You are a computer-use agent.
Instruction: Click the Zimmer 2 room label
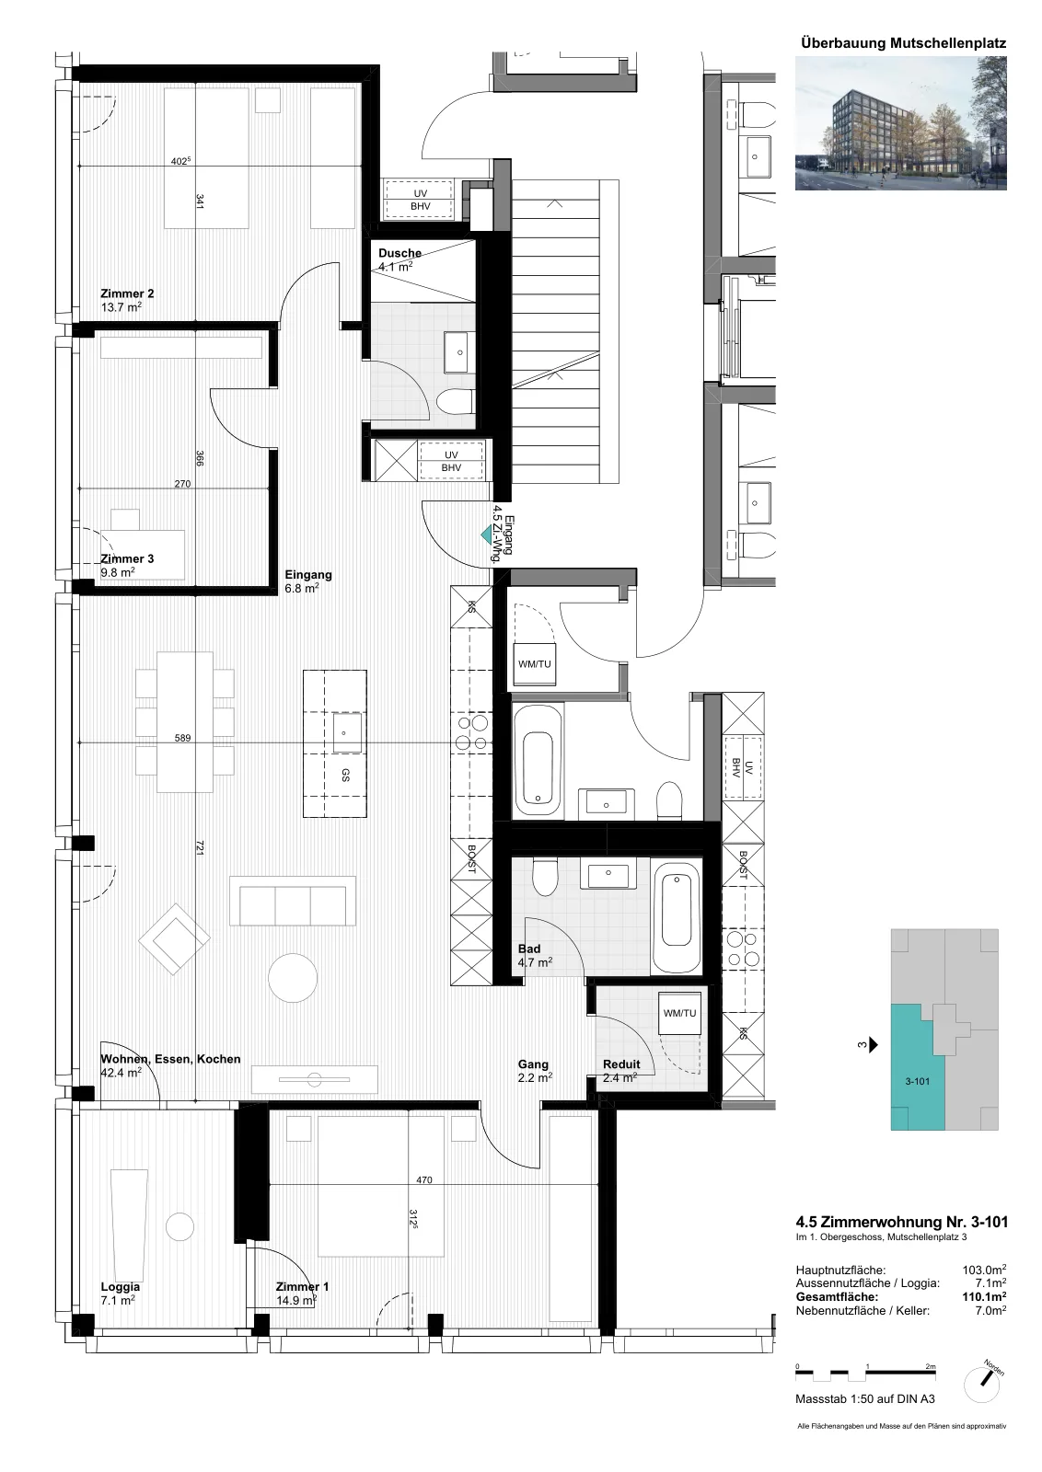point(127,293)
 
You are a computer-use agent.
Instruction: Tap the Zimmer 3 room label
point(127,558)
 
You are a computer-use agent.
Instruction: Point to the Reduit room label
point(621,1064)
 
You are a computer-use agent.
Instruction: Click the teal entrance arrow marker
point(487,535)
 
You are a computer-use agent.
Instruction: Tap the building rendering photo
point(900,123)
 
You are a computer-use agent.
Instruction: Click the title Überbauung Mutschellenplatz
point(903,43)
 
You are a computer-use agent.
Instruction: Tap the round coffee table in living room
point(293,978)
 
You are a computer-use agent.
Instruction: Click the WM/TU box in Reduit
point(679,1013)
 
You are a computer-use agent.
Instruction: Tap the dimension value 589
point(183,738)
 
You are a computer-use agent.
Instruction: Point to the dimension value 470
point(424,1180)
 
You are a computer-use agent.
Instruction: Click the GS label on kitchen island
point(345,776)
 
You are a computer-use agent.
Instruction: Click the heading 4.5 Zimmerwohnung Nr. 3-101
point(901,1223)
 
